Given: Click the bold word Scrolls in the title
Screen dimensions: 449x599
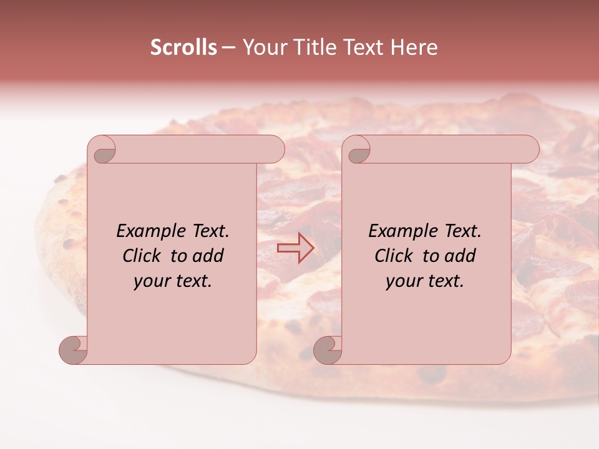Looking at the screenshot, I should point(183,47).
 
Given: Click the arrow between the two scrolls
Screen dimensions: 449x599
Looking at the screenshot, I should point(295,248).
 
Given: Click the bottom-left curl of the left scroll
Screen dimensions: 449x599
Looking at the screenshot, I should point(74,350).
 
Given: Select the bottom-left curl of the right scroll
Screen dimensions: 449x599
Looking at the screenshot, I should point(328,350).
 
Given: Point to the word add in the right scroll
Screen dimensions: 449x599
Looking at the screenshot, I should point(460,256).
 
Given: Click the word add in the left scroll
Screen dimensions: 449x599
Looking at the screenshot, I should point(208,256).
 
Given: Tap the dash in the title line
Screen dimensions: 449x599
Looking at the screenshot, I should point(229,47).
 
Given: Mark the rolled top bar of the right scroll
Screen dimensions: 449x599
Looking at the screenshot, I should point(449,150).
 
